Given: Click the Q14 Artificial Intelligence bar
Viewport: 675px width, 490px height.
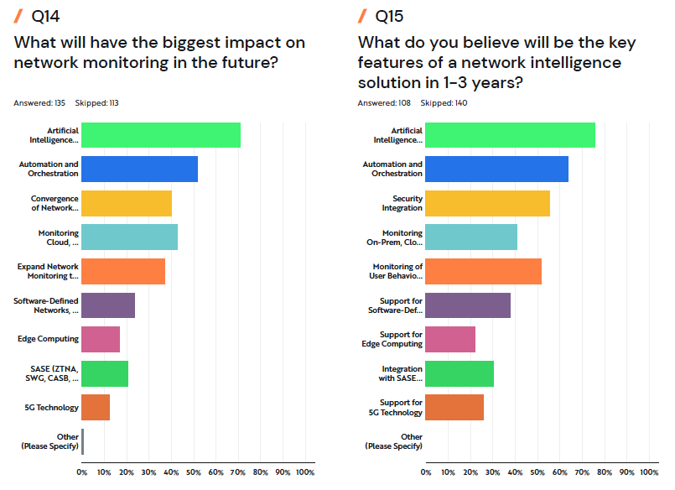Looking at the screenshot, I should point(161,135).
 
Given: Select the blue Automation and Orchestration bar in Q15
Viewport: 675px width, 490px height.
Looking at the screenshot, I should point(496,169).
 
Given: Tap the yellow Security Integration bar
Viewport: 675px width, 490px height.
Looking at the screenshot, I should point(487,203).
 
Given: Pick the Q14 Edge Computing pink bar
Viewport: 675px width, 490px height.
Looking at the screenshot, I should point(101,339).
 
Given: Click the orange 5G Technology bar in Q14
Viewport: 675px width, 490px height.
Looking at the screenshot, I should point(96,408).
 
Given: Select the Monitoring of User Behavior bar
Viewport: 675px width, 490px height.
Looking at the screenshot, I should point(483,271).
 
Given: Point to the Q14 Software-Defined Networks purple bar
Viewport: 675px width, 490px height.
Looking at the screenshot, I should point(108,305).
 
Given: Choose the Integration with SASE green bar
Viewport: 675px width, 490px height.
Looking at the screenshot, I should point(460,373).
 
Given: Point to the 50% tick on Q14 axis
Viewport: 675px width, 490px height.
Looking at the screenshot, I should point(194,472).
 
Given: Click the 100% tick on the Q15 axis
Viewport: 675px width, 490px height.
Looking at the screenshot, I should point(649,472).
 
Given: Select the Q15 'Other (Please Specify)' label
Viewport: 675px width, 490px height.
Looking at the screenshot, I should point(394,441).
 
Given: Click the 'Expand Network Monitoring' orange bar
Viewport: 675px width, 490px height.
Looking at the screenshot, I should point(123,271).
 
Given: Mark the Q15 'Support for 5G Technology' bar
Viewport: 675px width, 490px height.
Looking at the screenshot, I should point(454,408).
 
